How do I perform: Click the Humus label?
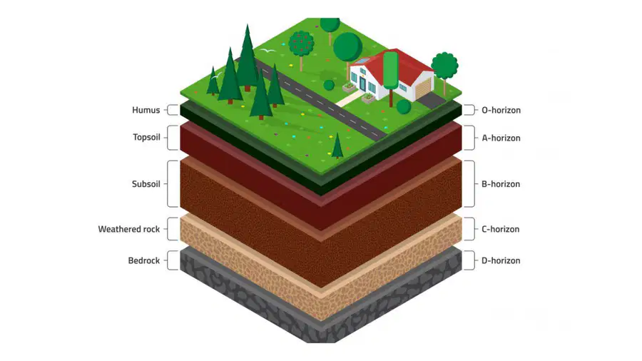146,110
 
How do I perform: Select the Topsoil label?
146,137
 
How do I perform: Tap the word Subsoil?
146,184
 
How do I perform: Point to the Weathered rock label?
129,229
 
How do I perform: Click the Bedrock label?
143,260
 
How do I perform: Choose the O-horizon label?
501,110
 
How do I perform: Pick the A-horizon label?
501,138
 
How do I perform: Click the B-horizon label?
501,184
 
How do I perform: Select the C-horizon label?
500,229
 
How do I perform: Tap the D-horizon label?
501,260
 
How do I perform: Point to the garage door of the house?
424,90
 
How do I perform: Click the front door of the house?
363,83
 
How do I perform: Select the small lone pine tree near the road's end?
337,146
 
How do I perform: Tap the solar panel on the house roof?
361,62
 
